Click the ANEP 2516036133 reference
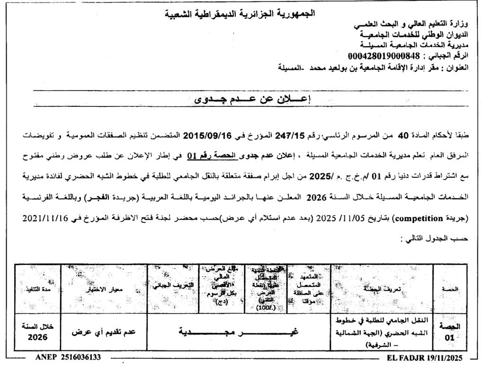pyautogui.click(x=68, y=356)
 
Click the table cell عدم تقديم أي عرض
pyautogui.click(x=104, y=332)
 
